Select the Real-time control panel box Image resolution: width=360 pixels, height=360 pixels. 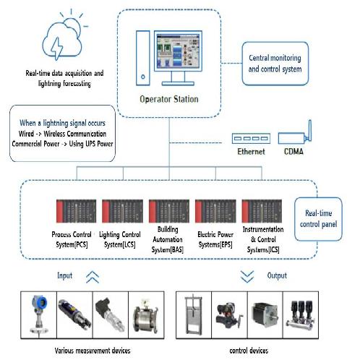(x=320, y=218)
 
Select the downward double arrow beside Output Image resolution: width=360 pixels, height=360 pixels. (x=248, y=275)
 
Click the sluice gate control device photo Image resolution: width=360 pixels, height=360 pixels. (x=196, y=313)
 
